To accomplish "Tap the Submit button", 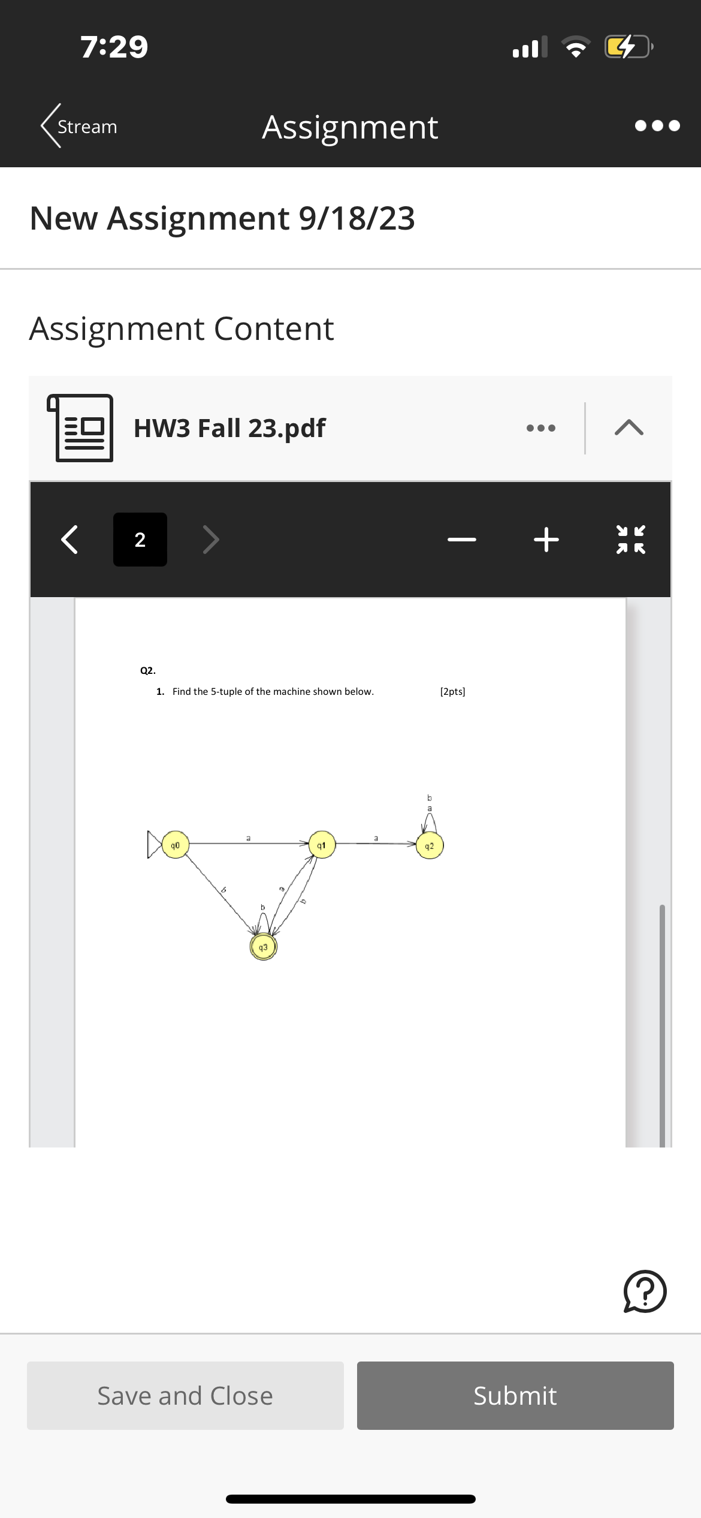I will (x=515, y=1396).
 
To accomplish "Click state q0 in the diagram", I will (x=175, y=845).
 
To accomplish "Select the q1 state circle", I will (x=322, y=845).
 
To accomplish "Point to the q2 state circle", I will (x=430, y=846).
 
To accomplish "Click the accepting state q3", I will (x=263, y=947).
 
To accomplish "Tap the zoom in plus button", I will (x=546, y=540).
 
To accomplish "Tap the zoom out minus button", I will (x=462, y=540).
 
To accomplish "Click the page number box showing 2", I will (x=140, y=540).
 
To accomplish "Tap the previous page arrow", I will (x=70, y=540).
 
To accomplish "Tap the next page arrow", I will (x=211, y=540).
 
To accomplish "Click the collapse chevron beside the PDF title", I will (x=629, y=428).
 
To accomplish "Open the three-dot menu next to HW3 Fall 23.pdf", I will (x=540, y=428).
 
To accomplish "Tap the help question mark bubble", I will (x=645, y=1291).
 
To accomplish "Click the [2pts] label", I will (x=452, y=691).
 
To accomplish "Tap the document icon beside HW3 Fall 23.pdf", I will (x=81, y=428).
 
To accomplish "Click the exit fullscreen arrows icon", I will (x=631, y=540).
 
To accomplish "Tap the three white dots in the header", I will (x=657, y=126).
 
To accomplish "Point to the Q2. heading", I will (x=148, y=670).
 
